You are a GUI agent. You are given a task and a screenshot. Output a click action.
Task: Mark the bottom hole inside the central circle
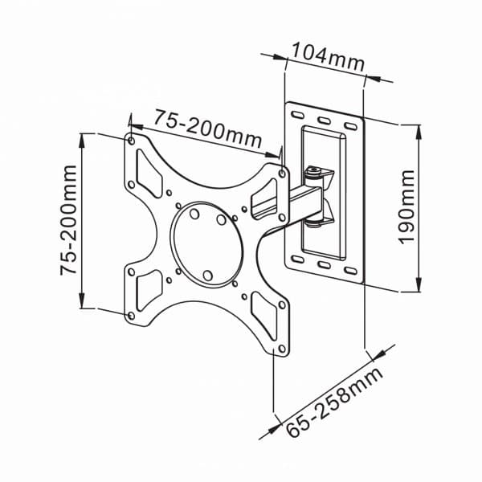[207, 276]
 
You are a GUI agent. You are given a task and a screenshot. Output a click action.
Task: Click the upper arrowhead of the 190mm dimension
[419, 129]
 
